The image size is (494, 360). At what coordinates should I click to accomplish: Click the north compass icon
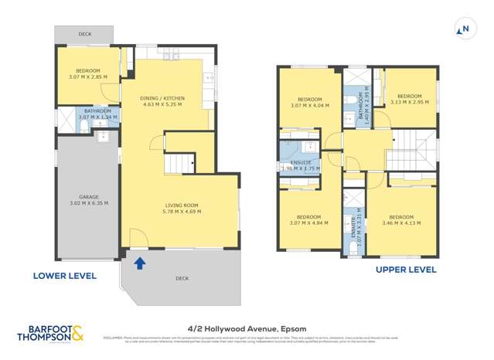coord(465,29)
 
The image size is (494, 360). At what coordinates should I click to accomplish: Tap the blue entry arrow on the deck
coord(139,263)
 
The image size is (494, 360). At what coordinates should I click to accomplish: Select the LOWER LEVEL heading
coord(64,275)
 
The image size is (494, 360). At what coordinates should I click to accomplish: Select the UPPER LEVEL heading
coord(405,270)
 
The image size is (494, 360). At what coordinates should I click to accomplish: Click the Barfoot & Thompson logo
coord(51,333)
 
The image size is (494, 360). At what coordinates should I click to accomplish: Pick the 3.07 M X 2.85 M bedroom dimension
coord(87,78)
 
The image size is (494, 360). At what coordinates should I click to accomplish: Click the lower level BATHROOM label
coord(98,111)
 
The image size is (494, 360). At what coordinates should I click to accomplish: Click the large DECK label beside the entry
coord(182,278)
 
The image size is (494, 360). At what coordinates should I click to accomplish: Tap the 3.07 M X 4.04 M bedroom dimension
coord(310,105)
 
